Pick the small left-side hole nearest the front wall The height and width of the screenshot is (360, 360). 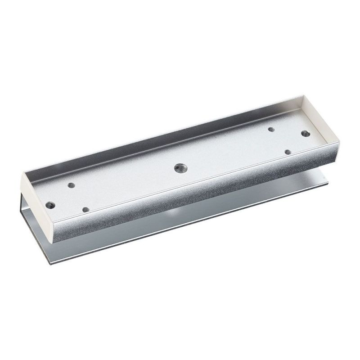tap(86, 209)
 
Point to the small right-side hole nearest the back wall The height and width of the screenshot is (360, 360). tap(271, 129)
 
